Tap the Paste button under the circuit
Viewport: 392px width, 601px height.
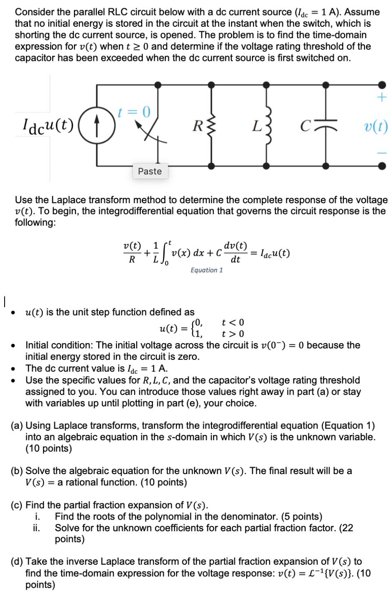(150, 171)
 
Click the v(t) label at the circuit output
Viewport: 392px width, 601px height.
(376, 126)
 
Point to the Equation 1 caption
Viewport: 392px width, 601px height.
(206, 270)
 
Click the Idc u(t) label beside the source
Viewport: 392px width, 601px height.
(48, 124)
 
